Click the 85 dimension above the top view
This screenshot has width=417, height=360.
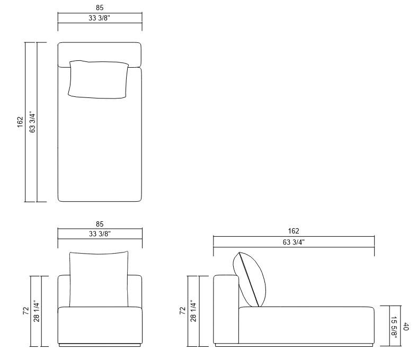(100, 8)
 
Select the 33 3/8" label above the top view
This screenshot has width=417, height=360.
(100, 18)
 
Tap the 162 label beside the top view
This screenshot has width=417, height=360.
(21, 122)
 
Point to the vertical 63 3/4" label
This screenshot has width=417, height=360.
(32, 122)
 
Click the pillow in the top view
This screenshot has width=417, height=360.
(99, 79)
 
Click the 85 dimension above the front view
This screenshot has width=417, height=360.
(100, 224)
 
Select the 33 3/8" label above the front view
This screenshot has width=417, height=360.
(100, 234)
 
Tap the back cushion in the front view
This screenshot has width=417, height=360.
(99, 279)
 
